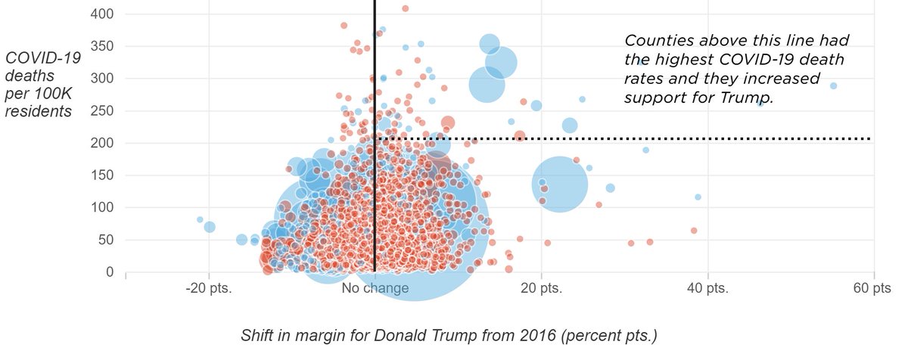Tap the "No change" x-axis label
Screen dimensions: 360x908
(375, 289)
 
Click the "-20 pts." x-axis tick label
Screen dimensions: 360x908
(208, 289)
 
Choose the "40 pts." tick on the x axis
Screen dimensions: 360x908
(707, 289)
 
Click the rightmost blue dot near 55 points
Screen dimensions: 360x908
(833, 86)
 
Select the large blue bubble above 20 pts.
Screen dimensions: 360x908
(560, 184)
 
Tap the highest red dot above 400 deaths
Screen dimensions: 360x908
(406, 8)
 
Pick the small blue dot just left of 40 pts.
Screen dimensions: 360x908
(698, 197)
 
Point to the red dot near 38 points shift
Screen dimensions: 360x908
(693, 231)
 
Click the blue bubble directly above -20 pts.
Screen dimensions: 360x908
(210, 227)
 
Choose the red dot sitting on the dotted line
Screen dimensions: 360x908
(520, 137)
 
